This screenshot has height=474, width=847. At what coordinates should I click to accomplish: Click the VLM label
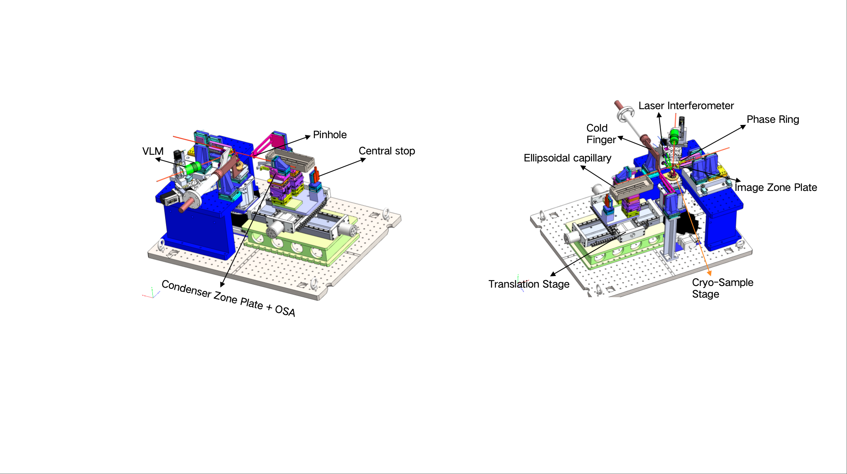pyautogui.click(x=153, y=151)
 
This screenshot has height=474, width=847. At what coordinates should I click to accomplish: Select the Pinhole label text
pyautogui.click(x=330, y=134)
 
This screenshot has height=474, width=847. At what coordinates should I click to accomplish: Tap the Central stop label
pyautogui.click(x=387, y=151)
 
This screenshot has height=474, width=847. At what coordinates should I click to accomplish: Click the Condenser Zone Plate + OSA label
pyautogui.click(x=228, y=298)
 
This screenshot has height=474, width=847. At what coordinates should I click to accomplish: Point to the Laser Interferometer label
pyautogui.click(x=686, y=106)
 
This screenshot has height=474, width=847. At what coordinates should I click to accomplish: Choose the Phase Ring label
pyautogui.click(x=773, y=120)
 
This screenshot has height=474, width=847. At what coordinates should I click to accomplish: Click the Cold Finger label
pyautogui.click(x=601, y=134)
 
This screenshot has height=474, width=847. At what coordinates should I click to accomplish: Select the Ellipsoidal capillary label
pyautogui.click(x=567, y=158)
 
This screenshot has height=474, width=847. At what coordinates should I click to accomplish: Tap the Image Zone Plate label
pyautogui.click(x=776, y=188)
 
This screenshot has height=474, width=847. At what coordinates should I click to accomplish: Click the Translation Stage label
pyautogui.click(x=529, y=284)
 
